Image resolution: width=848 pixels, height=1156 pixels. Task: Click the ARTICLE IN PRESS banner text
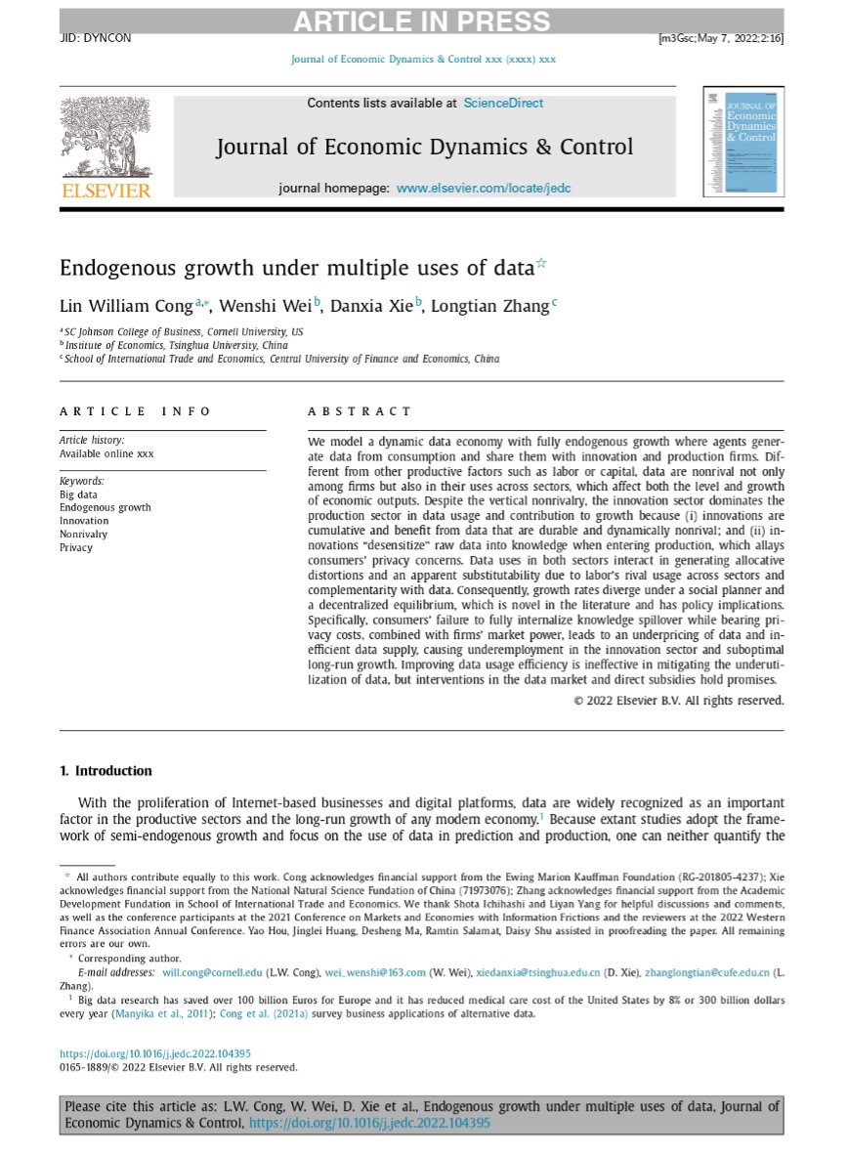click(421, 21)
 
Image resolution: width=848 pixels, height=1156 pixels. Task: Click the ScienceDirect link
click(503, 103)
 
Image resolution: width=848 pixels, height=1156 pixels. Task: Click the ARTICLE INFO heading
click(135, 411)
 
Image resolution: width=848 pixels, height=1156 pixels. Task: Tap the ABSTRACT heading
click(360, 411)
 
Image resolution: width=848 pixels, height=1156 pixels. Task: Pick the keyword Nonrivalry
click(84, 535)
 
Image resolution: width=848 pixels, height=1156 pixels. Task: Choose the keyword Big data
click(78, 494)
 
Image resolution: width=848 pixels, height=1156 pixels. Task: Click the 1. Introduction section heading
click(106, 771)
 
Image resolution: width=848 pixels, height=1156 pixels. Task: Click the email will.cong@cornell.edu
click(212, 972)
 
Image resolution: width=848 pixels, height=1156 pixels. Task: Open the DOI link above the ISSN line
click(155, 1053)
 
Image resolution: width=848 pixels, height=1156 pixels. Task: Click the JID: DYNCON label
click(95, 39)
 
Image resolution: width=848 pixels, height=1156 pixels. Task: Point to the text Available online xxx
click(106, 453)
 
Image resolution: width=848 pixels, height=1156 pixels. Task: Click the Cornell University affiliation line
click(183, 332)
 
